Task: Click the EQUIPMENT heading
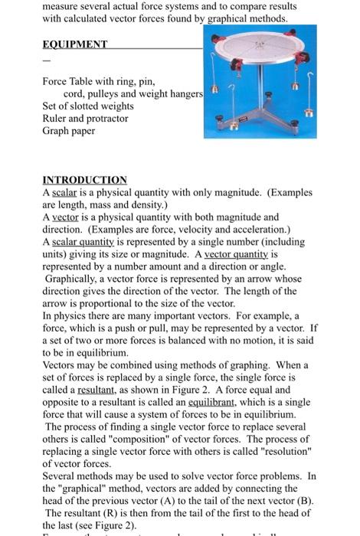click(x=74, y=44)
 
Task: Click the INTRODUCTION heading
click(x=84, y=180)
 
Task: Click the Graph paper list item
click(x=69, y=131)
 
